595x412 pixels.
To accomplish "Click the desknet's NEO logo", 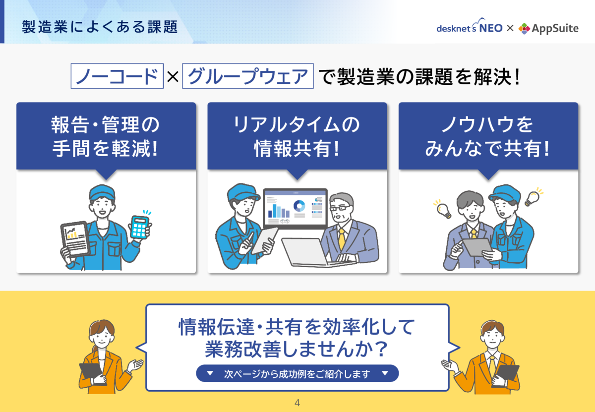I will (x=469, y=28).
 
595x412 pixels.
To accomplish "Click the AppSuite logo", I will (x=548, y=28).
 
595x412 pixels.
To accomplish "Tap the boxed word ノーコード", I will (x=118, y=76).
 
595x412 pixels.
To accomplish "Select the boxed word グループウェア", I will (x=248, y=76).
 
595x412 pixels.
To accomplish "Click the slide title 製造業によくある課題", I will (x=100, y=26).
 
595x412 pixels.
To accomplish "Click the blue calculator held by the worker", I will (x=140, y=227).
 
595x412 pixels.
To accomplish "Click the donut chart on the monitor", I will (x=299, y=205).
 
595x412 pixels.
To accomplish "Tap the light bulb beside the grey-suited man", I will (x=443, y=210).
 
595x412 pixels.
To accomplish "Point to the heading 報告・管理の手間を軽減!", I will (x=106, y=136).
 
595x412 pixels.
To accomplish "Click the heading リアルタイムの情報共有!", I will (x=297, y=136).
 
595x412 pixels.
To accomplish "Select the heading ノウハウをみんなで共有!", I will (x=488, y=136).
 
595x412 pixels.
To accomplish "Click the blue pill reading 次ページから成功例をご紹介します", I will (x=297, y=374).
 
